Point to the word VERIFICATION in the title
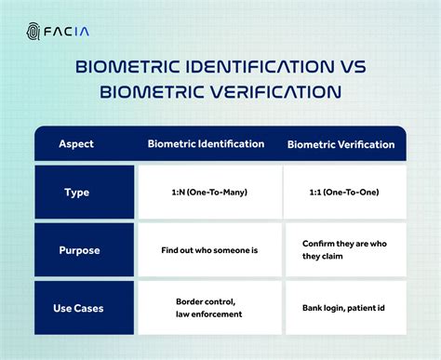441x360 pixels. pos(270,94)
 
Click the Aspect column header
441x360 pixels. pos(76,144)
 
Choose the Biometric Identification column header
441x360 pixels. pos(206,144)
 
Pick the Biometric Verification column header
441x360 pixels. pos(341,144)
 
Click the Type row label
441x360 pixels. pos(76,193)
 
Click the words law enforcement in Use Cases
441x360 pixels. pos(210,313)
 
